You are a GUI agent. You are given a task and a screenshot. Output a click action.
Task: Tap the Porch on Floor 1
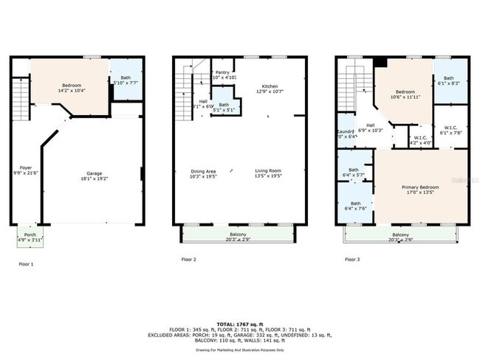pos(30,237)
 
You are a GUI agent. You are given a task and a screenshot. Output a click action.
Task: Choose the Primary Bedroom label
pos(420,189)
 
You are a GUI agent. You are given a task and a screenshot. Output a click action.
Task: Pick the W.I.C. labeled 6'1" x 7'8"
pos(449,130)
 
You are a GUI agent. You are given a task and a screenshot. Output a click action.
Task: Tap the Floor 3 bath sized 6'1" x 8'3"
pos(449,81)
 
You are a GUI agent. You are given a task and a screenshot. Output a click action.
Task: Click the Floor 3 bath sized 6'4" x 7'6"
pos(355,206)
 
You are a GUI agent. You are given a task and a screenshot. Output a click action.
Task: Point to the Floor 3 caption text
pos(353,260)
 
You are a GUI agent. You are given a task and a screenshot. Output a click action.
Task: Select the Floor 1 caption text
pos(26,263)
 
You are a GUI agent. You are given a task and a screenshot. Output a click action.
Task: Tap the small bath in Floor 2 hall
pos(224,108)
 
